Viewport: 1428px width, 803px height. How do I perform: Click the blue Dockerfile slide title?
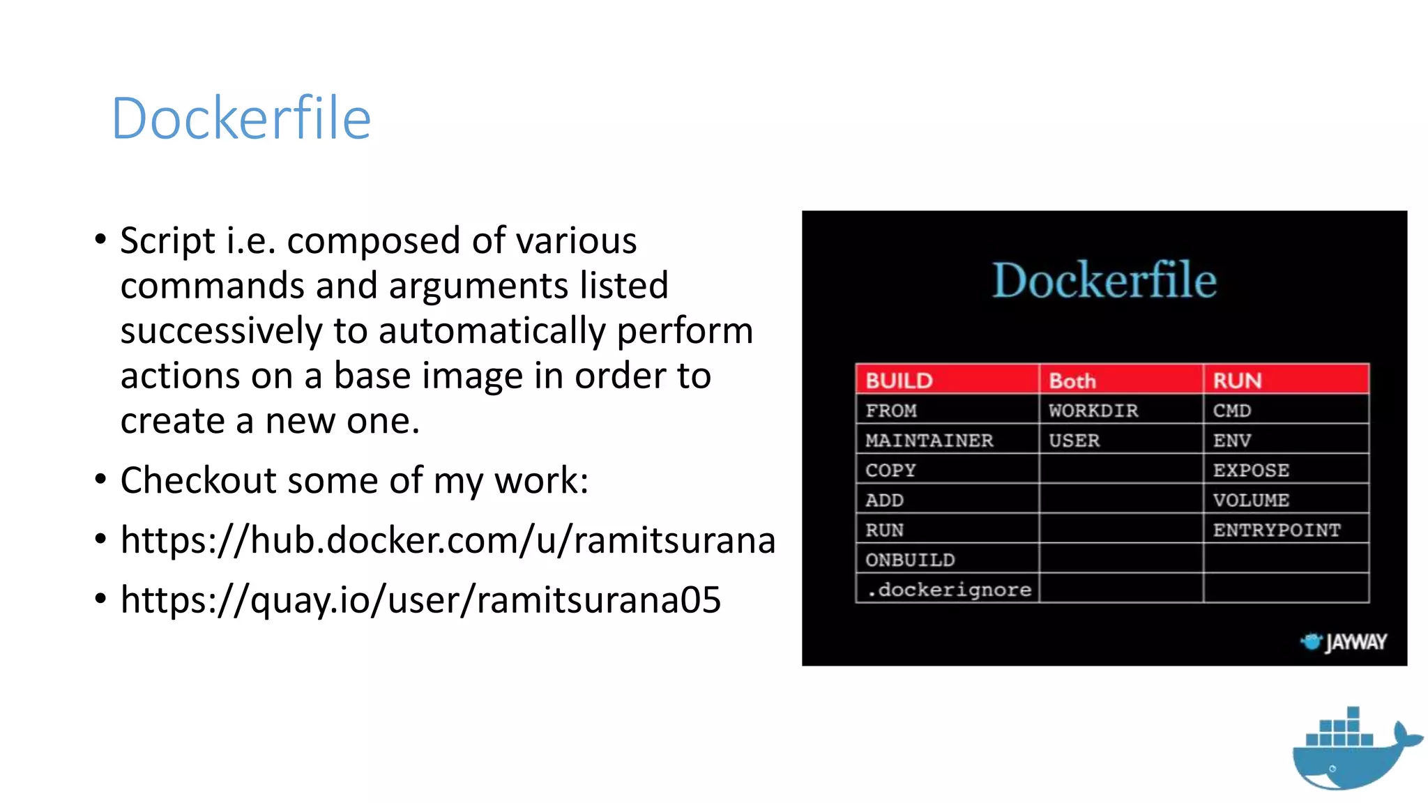pos(241,118)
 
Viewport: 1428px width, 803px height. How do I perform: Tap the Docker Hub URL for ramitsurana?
pos(447,540)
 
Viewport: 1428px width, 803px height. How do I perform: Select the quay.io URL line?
pos(420,599)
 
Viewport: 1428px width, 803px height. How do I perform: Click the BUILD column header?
pos(899,381)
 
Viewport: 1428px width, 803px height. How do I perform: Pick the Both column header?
pos(1072,381)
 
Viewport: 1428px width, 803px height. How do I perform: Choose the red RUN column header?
pos(1237,381)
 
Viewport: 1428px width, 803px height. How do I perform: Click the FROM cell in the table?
pos(891,411)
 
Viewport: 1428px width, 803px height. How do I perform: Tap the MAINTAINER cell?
pos(929,441)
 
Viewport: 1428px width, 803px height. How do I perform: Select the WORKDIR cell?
pos(1093,411)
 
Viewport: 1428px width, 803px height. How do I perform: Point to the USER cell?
pos(1074,441)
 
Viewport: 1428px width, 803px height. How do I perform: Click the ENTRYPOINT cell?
pos(1276,530)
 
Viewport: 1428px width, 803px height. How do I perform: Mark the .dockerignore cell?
pos(948,590)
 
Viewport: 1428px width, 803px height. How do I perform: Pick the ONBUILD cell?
pos(910,560)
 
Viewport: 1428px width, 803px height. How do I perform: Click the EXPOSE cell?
pos(1251,471)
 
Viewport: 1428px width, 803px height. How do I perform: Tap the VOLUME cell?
pos(1251,500)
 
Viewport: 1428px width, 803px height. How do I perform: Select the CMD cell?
pos(1231,411)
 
